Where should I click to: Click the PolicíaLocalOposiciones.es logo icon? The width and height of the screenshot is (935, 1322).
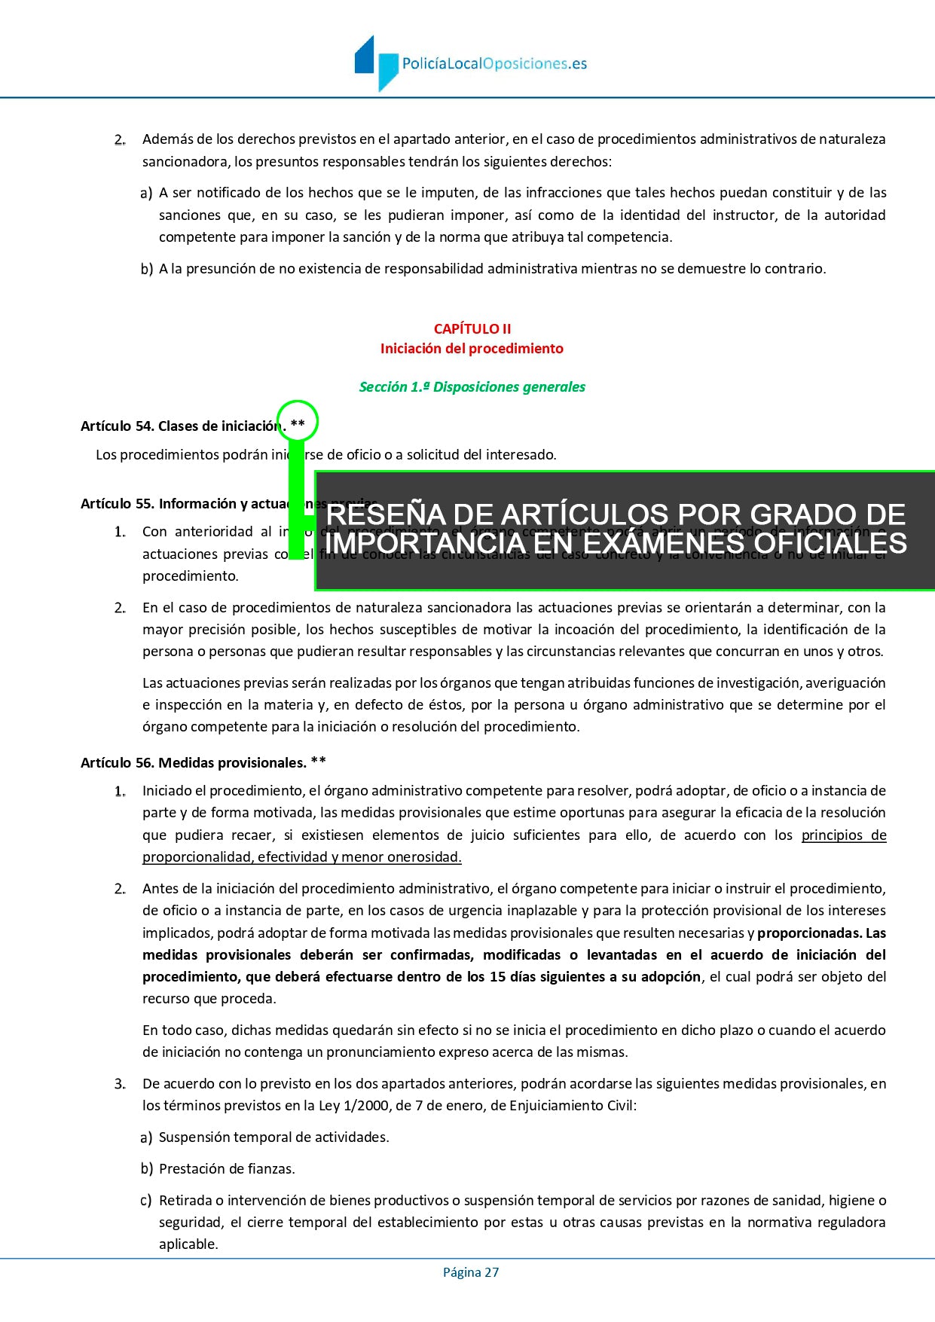pos(376,63)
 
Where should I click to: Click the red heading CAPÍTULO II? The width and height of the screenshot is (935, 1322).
pos(472,328)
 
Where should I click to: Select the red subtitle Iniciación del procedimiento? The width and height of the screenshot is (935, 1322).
pos(472,349)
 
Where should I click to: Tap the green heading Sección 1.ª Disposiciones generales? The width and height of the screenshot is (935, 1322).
pos(472,387)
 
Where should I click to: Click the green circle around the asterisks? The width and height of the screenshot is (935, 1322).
pos(298,422)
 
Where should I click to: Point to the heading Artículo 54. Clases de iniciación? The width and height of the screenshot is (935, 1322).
pos(181,426)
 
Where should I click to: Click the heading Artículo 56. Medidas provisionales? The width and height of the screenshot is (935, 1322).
pos(194,763)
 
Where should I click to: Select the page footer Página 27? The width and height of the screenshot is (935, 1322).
pos(471,1272)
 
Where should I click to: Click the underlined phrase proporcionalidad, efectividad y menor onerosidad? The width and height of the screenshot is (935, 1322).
pos(301,857)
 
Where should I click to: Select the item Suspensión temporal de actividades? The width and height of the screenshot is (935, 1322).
pos(273,1137)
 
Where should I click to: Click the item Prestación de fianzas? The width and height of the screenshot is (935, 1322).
pos(227,1169)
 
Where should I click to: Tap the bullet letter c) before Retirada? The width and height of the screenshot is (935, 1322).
pos(146,1201)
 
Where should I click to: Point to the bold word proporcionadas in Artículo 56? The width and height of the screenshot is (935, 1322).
pos(808,933)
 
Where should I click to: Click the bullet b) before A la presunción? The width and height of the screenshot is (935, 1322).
pos(146,269)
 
